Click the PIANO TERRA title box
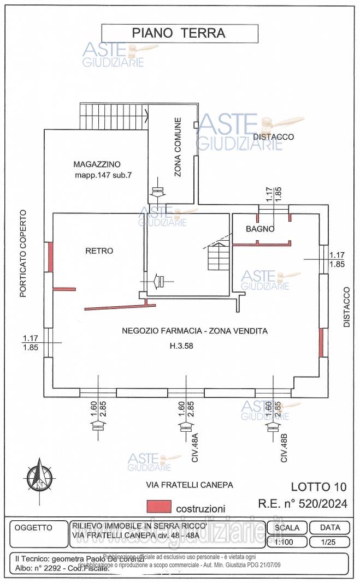(x=179, y=33)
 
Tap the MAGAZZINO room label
(x=97, y=164)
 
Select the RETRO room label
(x=99, y=251)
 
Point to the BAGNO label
(x=260, y=229)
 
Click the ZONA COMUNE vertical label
(x=178, y=147)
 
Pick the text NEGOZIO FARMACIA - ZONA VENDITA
(x=194, y=331)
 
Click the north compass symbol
(x=40, y=474)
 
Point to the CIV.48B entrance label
(x=284, y=448)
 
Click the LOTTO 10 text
(x=318, y=487)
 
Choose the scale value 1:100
(x=287, y=543)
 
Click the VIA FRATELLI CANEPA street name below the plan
(x=190, y=485)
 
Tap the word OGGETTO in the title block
(x=33, y=528)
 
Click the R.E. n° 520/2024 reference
(x=303, y=503)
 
